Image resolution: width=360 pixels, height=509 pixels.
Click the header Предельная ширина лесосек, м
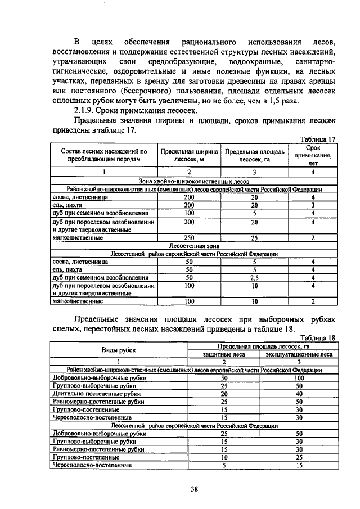click(x=188, y=155)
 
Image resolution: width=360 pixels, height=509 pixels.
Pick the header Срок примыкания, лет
click(x=313, y=155)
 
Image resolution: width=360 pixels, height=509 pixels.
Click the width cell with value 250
click(x=189, y=238)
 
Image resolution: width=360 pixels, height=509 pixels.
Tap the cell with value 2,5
click(x=254, y=277)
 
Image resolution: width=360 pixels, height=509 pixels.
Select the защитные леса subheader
click(x=223, y=354)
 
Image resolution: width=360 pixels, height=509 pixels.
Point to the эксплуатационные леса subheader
click(x=299, y=354)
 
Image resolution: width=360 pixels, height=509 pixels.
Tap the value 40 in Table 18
click(x=299, y=394)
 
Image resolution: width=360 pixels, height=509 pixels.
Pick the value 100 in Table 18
click(x=299, y=379)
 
